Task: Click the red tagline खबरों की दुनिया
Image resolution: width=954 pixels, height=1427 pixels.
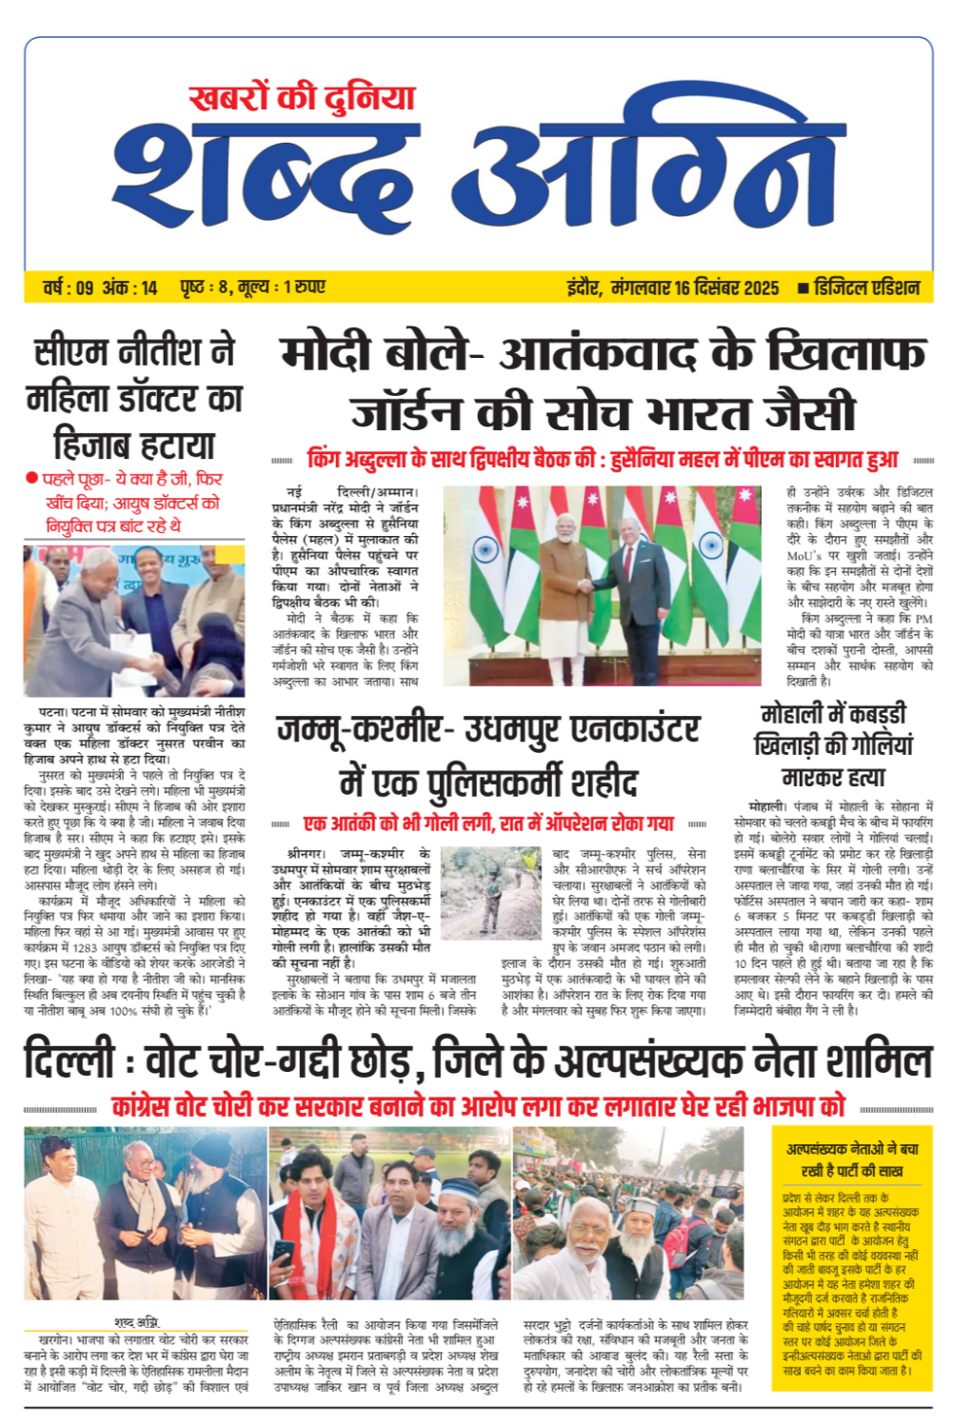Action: point(302,98)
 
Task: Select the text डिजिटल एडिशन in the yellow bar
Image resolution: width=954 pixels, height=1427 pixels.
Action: point(867,287)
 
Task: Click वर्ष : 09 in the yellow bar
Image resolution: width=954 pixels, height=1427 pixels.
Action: point(69,287)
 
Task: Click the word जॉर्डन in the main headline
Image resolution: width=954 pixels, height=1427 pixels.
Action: point(407,413)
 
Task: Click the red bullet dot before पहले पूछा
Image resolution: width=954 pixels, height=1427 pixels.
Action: point(32,478)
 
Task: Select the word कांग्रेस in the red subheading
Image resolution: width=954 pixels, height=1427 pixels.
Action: point(154,1107)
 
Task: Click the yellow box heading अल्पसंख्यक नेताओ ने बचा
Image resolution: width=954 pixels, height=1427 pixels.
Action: point(852,1149)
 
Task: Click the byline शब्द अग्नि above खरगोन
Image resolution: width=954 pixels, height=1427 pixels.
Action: point(136,1322)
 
